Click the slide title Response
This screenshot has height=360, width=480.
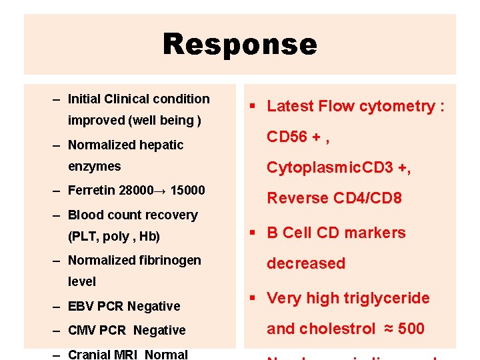240,45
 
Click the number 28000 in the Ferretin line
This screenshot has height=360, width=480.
135,191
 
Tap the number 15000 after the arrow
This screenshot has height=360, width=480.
187,191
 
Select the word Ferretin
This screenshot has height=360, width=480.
91,191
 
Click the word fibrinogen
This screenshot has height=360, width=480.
167,260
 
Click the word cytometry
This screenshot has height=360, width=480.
397,106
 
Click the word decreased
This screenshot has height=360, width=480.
306,263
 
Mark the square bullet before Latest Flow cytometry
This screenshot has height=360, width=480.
254,107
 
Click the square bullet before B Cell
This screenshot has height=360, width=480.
254,233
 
